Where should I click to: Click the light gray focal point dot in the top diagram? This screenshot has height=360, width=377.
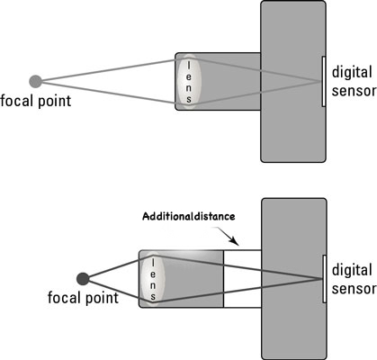point(35,80)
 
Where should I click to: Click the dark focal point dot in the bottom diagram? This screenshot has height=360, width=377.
point(84,278)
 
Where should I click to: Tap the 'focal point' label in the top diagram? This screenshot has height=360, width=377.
point(35,100)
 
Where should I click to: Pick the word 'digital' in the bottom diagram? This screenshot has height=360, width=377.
point(351,268)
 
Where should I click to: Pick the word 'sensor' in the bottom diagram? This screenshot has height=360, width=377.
point(351,285)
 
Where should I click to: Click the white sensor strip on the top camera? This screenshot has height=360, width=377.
point(323,81)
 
